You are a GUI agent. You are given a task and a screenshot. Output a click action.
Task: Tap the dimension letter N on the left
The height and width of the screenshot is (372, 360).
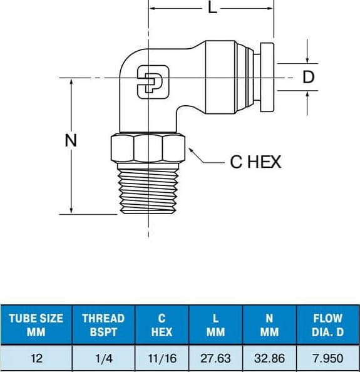click(x=71, y=141)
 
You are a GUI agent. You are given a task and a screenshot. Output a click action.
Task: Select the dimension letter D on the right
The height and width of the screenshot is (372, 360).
click(x=308, y=77)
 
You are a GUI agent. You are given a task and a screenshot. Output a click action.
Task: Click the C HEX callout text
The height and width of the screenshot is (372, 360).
click(x=255, y=162)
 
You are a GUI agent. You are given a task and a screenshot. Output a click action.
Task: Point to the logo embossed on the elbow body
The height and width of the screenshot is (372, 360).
click(x=148, y=80)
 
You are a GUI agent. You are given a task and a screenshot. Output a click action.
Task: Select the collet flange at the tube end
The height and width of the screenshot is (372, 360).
click(x=267, y=77)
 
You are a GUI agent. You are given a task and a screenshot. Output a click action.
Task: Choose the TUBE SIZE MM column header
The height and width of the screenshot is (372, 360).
click(x=36, y=325)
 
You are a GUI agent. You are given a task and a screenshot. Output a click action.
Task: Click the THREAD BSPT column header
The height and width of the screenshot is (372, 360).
click(x=103, y=325)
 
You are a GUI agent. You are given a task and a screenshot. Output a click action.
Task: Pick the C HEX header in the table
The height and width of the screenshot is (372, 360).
click(x=162, y=325)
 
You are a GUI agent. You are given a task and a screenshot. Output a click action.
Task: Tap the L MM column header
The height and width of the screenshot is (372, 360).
click(x=215, y=325)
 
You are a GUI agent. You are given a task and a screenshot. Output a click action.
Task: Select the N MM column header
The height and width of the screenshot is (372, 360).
click(x=269, y=325)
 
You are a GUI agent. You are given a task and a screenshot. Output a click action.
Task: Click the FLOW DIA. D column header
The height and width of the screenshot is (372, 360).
click(x=327, y=325)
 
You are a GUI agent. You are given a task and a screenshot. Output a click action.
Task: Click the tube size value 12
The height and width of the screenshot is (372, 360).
click(x=36, y=358)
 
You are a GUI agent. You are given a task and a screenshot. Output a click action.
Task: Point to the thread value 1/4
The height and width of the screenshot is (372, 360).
click(x=103, y=358)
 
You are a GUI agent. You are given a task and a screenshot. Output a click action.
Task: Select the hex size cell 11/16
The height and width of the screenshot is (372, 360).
click(x=162, y=358)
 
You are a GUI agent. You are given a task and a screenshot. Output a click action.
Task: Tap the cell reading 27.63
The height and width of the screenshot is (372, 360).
click(x=215, y=358)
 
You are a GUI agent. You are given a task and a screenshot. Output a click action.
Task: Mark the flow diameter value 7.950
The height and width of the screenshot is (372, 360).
click(x=327, y=358)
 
